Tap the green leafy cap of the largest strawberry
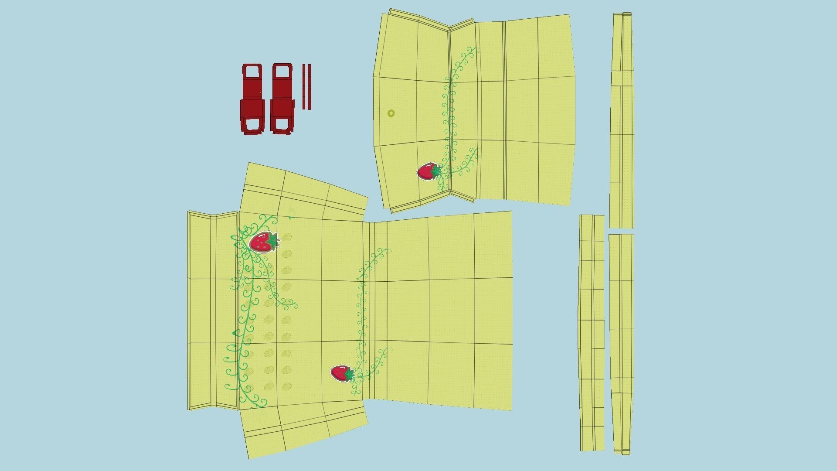[273, 240]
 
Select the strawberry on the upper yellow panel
[427, 172]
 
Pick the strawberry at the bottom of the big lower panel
[340, 373]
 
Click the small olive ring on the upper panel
[391, 113]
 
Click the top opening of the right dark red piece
[282, 72]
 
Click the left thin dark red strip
[304, 87]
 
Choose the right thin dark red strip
[309, 87]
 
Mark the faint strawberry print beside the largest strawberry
[286, 238]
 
